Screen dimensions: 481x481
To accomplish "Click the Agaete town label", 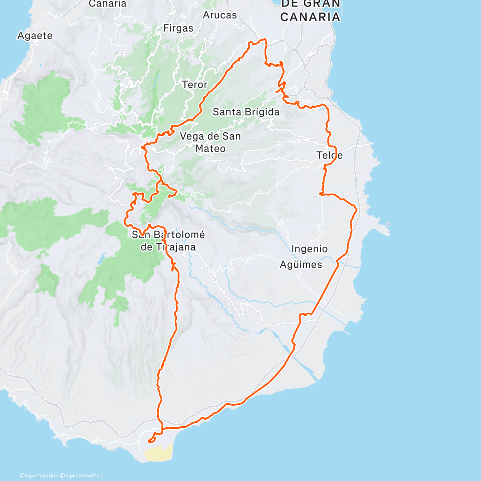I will tap(35, 36).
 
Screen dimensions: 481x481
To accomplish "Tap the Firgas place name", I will tap(178, 28).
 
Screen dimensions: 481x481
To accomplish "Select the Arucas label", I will tap(220, 15).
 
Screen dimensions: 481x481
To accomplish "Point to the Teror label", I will tap(194, 85).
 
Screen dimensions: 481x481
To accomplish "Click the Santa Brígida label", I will tap(246, 112).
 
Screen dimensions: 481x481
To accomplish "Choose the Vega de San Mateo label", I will tap(210, 142).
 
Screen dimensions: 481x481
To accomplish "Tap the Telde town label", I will tap(329, 155).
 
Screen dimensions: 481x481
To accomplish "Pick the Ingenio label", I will tap(309, 249).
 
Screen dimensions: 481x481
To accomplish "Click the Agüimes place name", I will tap(301, 265).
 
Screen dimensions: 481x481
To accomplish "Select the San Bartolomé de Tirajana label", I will tap(168, 240).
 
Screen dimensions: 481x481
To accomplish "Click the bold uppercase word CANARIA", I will tap(310, 17).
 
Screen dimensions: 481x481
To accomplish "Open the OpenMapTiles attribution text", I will tap(39, 476).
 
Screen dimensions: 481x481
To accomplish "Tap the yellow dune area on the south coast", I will tap(158, 454).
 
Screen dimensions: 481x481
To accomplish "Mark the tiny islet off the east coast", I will tap(388, 224).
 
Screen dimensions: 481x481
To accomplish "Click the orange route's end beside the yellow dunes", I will tap(149, 441).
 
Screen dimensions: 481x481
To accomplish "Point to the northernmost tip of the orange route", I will tap(265, 39).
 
